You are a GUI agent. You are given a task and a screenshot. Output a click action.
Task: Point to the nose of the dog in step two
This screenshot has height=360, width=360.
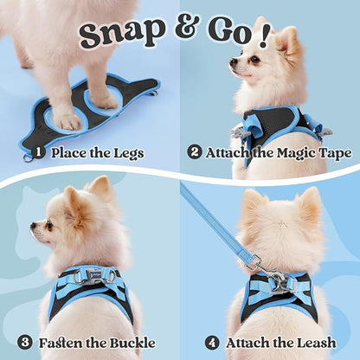tap(232, 62)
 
